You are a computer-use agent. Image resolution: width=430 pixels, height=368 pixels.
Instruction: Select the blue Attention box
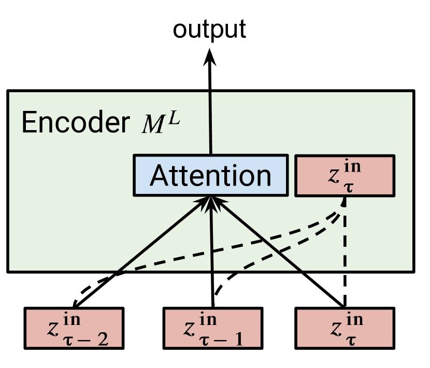[x=211, y=175]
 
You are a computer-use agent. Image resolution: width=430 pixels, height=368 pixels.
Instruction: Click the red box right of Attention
[x=345, y=176]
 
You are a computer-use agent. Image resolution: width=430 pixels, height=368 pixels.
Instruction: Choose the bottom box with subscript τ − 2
[x=74, y=328]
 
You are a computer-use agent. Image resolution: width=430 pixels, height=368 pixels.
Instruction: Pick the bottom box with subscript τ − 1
[x=212, y=328]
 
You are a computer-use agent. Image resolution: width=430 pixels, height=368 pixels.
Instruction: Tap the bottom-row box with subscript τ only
[x=345, y=328]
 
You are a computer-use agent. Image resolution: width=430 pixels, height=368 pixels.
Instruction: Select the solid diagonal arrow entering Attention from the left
[x=161, y=236]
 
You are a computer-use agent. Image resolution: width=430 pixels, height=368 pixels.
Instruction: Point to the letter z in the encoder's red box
[x=334, y=175]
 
